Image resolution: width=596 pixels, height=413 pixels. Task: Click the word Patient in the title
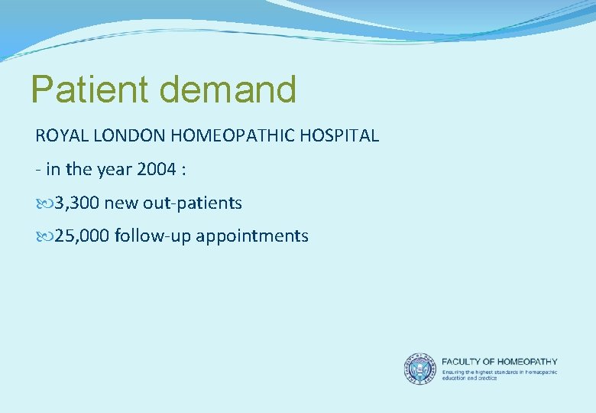click(x=90, y=89)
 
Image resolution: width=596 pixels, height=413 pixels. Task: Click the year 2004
click(x=157, y=169)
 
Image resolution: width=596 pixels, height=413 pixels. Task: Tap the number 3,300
click(x=76, y=203)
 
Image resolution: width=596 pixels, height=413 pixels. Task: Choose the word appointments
click(x=252, y=236)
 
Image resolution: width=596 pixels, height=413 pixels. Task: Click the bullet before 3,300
click(x=42, y=203)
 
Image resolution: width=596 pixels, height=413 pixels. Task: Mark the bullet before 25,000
click(x=42, y=236)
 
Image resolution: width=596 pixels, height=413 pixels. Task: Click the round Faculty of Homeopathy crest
click(x=419, y=368)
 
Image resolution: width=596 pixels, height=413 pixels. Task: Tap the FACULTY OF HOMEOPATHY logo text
click(x=500, y=361)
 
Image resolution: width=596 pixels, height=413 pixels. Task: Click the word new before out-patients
click(x=120, y=203)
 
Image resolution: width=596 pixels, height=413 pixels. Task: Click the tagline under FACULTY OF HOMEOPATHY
click(x=500, y=375)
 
